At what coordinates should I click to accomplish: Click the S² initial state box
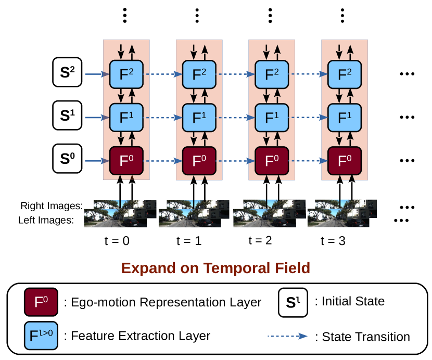coord(67,72)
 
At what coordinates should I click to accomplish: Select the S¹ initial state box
coord(67,115)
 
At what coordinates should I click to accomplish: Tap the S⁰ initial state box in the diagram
coord(67,159)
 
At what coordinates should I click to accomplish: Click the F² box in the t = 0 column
coord(126,74)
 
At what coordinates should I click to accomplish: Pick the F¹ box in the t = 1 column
coord(199,118)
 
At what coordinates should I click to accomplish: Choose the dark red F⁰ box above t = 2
coord(272,161)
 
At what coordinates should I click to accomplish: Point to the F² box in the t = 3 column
coord(345,74)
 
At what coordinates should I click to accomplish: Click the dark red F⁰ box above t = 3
coord(345,161)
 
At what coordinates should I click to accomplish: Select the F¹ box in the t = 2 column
coord(272,118)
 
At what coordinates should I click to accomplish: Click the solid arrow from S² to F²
coord(97,74)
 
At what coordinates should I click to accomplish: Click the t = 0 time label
coord(117,241)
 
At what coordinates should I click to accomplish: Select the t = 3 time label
coord(333,241)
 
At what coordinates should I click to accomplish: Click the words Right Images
coord(52,206)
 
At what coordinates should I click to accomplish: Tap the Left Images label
coord(46,220)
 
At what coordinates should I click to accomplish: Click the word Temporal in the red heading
coord(237,268)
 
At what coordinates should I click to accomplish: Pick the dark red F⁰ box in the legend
coord(41,302)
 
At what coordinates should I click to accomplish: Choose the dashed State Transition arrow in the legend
coord(287,336)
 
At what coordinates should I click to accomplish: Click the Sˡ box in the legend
coord(293,302)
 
